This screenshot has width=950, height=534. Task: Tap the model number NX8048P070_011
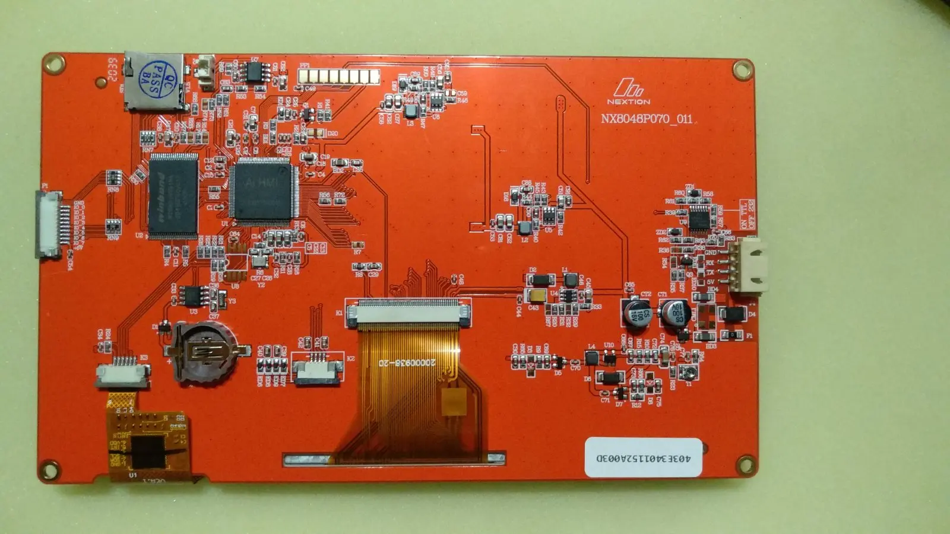647,119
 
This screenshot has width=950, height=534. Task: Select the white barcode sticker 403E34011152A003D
643,457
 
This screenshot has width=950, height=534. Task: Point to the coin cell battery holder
204,352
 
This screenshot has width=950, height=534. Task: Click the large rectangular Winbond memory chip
173,196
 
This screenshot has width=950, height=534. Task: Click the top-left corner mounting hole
53,63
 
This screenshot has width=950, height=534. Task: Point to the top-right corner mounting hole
742,70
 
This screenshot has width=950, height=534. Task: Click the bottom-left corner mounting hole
49,470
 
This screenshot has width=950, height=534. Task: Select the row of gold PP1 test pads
339,77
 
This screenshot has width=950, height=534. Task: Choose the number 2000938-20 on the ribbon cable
407,362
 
